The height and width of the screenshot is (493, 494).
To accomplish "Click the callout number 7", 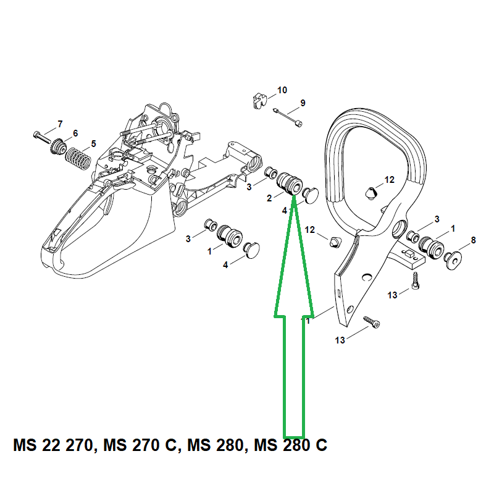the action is [60, 124].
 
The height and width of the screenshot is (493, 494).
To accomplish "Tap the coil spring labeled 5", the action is [78, 159].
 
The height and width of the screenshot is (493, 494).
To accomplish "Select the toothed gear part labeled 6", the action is [58, 146].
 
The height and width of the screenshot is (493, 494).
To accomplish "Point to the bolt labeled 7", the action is [42, 137].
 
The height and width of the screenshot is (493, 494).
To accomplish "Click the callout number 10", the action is [282, 90].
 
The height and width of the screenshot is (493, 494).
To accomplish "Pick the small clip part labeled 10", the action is [260, 100].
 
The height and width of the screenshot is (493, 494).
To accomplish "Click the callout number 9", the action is [303, 103].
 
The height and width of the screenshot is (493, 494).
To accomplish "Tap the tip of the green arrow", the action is [294, 196].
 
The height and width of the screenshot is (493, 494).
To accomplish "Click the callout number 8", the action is [473, 240].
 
